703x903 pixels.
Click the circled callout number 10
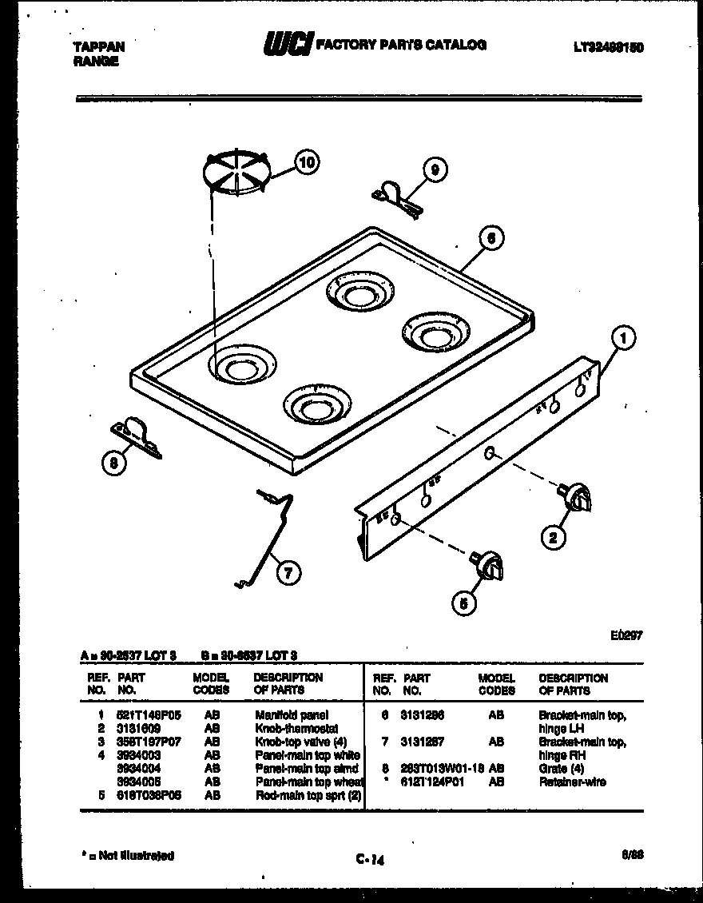tap(305, 162)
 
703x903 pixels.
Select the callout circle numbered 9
tap(434, 169)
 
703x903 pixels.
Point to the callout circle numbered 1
tap(625, 339)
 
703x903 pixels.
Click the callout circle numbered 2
tap(552, 538)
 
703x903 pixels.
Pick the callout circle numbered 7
tap(289, 571)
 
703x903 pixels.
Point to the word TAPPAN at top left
tap(98, 47)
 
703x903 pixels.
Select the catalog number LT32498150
tap(608, 47)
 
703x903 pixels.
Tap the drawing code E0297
tap(626, 635)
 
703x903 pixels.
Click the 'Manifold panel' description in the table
tap(291, 715)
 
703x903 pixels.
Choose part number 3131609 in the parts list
tap(140, 728)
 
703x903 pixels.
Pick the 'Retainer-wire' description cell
tap(572, 782)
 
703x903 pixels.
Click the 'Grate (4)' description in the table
tap(562, 769)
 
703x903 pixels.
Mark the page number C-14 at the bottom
tap(371, 860)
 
